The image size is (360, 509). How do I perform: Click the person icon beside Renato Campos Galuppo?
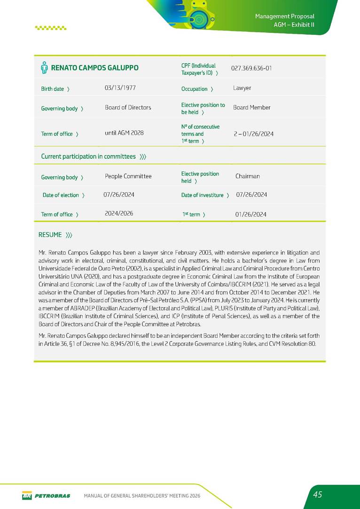pos(44,68)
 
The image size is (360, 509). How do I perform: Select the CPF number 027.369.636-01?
pos(251,68)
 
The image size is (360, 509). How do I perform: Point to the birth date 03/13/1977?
pos(120,87)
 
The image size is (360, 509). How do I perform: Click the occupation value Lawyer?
pos(242,88)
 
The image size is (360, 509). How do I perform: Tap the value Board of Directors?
pos(128,108)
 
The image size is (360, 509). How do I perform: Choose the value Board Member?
pos(251,108)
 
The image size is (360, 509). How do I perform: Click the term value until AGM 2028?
pos(124,133)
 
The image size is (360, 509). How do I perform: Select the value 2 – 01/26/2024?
pos(253,134)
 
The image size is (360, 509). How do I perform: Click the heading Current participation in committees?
pos(88,157)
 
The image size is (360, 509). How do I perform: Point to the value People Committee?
pos(128,176)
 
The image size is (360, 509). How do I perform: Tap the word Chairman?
pos(247,176)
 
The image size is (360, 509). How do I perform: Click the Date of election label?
pos(61,195)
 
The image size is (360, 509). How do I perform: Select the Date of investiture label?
pos(202,195)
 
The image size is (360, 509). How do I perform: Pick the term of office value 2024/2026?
pos(119,213)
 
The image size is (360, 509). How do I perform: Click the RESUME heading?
pos(50,235)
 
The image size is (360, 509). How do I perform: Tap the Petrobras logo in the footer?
pos(46,495)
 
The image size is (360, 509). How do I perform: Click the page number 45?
pos(318,494)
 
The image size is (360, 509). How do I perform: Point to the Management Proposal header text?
pos(284,16)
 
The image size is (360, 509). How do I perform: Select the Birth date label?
pos(53,89)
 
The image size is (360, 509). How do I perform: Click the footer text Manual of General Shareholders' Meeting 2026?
pos(142,496)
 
